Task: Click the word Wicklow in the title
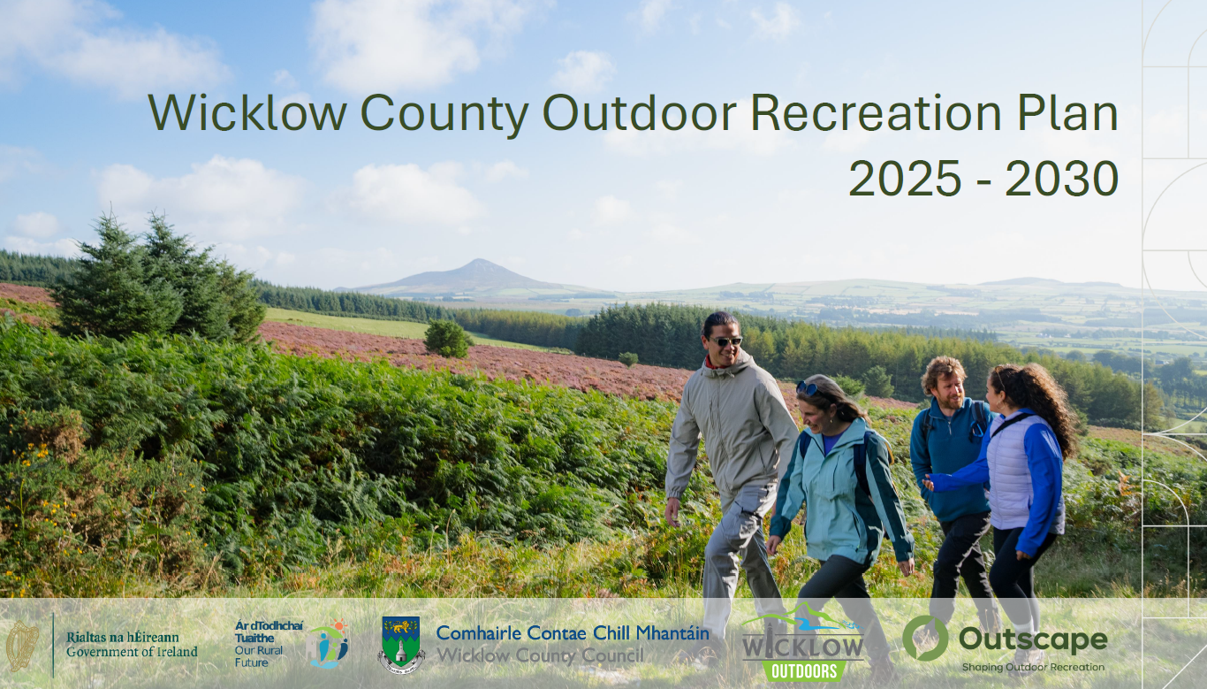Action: [247, 112]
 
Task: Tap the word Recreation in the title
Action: [876, 112]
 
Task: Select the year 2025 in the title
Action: [905, 179]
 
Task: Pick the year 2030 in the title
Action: [1061, 179]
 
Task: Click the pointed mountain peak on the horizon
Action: [479, 263]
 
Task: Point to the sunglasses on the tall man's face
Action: [725, 341]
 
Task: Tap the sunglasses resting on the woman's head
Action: [807, 387]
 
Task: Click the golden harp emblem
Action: [22, 646]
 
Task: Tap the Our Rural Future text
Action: [259, 656]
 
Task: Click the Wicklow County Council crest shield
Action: [401, 641]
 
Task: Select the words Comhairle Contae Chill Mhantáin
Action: [573, 633]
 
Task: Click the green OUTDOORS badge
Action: [804, 670]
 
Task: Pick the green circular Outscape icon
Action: [925, 639]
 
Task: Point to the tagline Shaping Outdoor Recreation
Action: [1034, 668]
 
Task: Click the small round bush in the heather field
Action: [447, 340]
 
